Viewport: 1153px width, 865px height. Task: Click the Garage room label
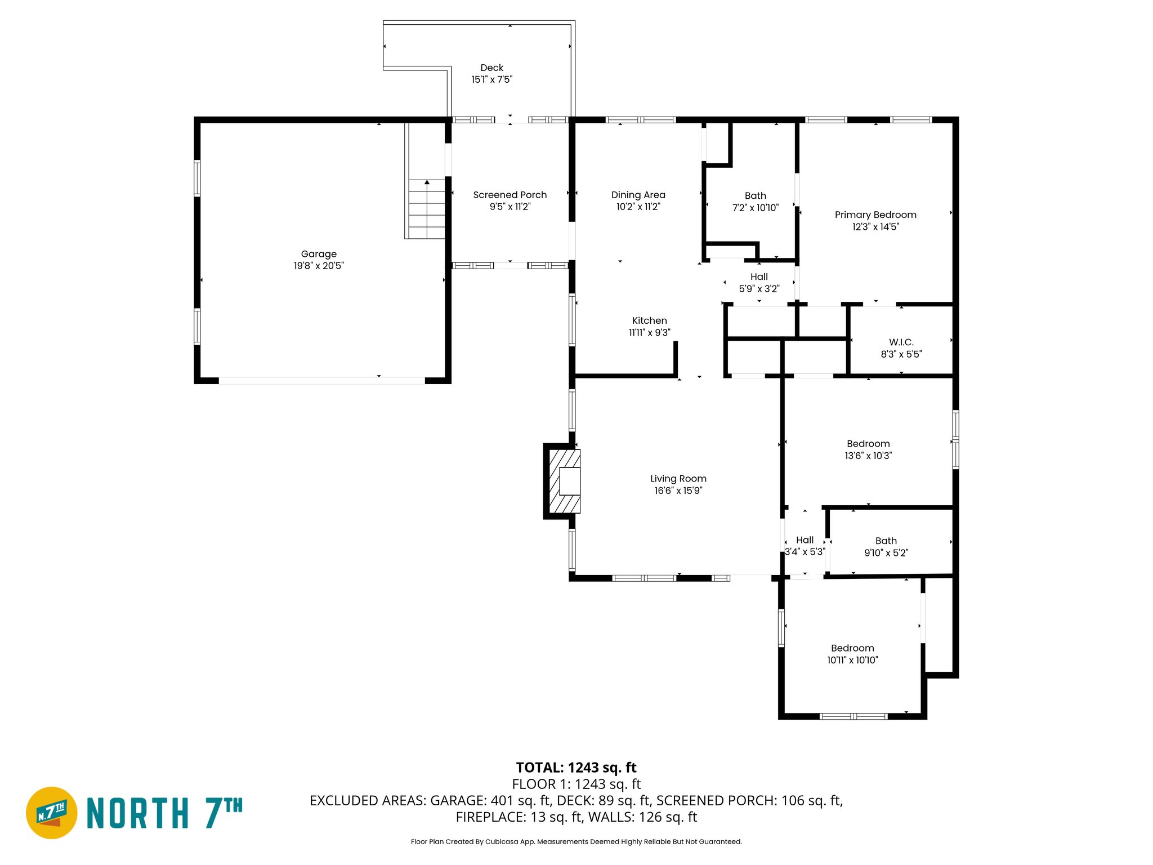coord(319,254)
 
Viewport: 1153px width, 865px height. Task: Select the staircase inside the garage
coord(427,209)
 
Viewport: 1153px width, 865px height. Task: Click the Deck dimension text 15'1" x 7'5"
coord(491,79)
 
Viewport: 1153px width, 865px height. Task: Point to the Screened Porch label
coord(510,195)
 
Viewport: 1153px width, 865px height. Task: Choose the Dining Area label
coord(638,195)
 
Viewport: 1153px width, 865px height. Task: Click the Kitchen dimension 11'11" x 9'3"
coord(649,333)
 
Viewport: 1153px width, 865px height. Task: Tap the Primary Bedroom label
coord(875,215)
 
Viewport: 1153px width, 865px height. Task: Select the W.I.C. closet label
coord(901,342)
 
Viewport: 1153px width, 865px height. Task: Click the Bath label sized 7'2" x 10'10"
coord(755,195)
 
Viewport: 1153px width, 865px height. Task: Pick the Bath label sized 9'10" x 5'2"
coord(886,541)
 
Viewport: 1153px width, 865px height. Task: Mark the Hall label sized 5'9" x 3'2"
coord(758,277)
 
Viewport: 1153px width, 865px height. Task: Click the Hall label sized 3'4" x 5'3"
coord(805,540)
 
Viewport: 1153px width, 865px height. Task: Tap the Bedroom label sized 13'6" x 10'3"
coord(868,444)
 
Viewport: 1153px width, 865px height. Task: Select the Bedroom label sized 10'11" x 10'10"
coord(852,648)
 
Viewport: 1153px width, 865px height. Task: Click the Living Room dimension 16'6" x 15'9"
coord(678,491)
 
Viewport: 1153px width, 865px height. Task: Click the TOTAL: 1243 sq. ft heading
coord(576,768)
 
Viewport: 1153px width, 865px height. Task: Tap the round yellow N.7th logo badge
coord(52,813)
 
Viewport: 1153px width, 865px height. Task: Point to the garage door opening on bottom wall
coord(321,381)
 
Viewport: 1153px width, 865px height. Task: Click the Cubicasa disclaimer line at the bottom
coord(576,842)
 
